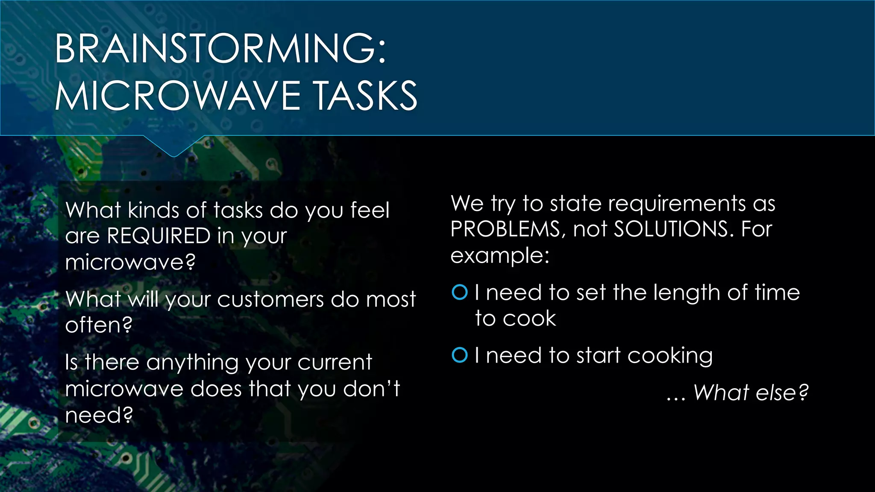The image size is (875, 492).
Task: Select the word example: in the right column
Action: click(x=500, y=256)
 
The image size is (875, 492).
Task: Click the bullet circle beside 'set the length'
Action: click(x=460, y=293)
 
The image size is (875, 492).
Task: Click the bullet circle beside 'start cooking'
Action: click(x=460, y=355)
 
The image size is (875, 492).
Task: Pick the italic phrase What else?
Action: click(x=751, y=392)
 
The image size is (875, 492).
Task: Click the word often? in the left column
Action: click(x=99, y=325)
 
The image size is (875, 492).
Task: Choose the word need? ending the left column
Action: click(x=99, y=415)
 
